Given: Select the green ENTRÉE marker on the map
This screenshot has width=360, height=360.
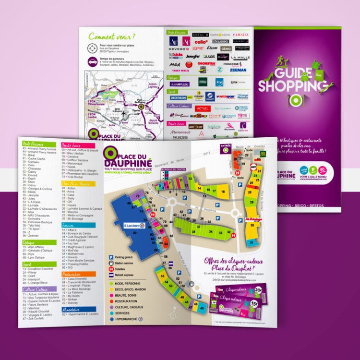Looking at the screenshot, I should [225, 148].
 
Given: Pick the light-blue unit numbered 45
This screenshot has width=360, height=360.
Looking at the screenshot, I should [202, 307].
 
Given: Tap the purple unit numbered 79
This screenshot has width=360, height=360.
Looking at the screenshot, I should [137, 195].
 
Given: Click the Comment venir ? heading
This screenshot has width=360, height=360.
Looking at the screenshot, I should [112, 36].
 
